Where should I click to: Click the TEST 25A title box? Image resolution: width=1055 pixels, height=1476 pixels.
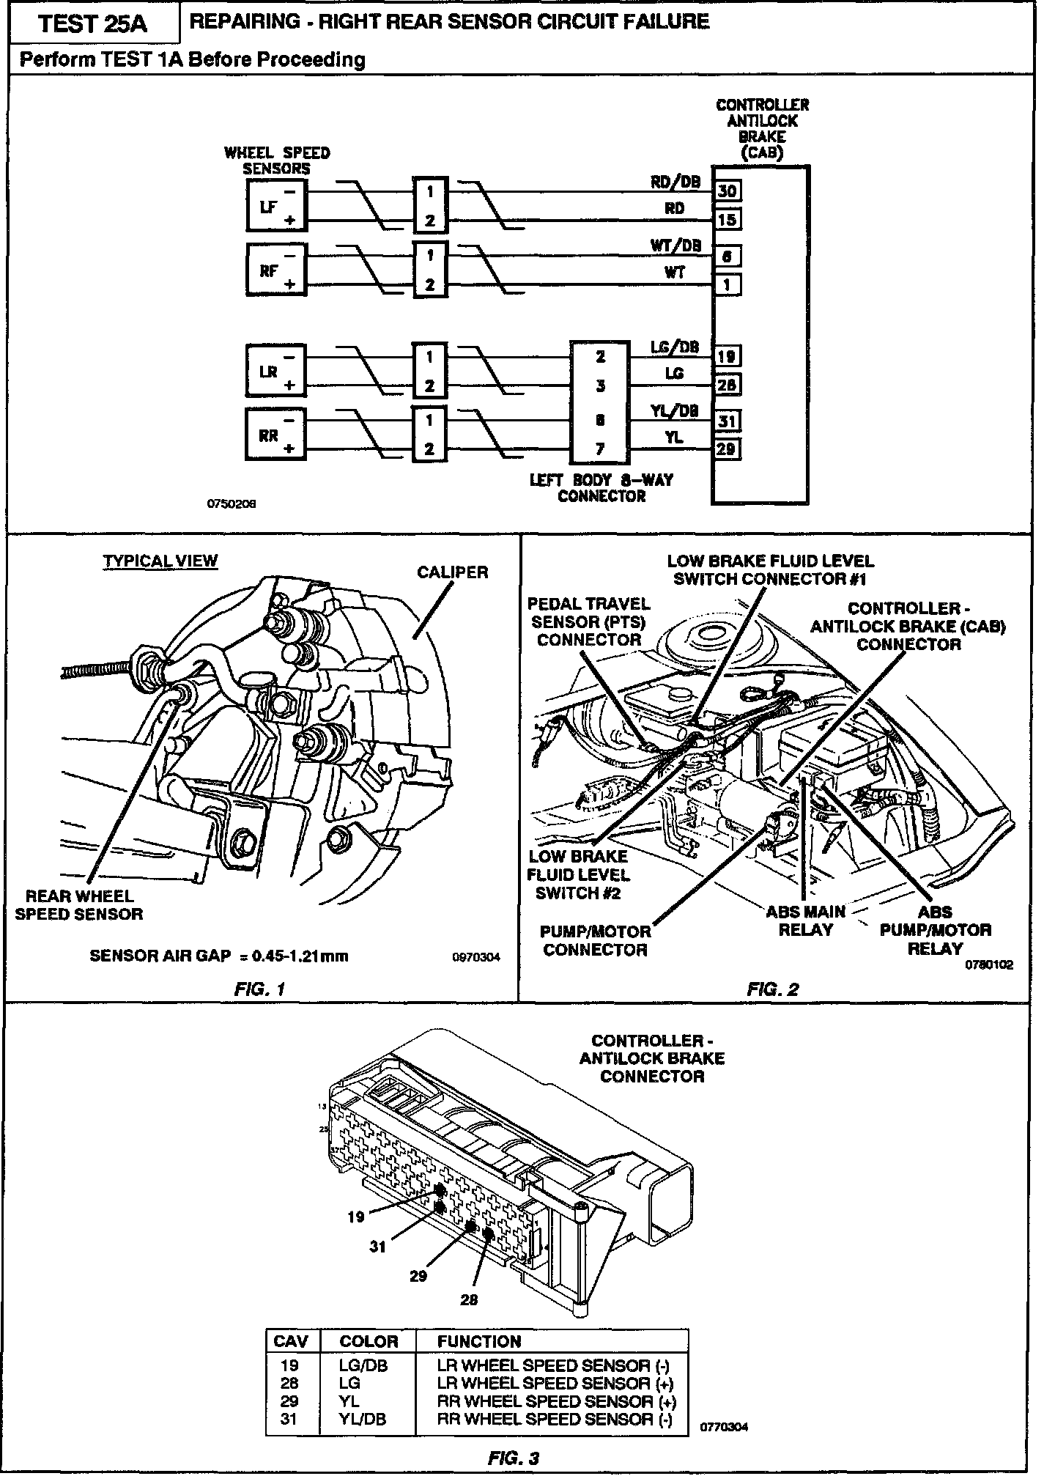(x=93, y=23)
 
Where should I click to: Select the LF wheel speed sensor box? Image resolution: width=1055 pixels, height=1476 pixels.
(x=276, y=207)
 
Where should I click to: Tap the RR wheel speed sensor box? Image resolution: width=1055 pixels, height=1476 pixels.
(x=276, y=435)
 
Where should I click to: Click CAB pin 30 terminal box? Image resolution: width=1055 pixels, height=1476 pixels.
(x=727, y=191)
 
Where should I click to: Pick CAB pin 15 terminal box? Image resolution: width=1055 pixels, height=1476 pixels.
(x=727, y=220)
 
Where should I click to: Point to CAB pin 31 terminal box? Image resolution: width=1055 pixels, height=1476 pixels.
(x=727, y=421)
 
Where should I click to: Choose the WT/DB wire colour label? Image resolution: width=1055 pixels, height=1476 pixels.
(x=675, y=246)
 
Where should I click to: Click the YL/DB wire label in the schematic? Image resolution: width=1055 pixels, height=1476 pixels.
(x=674, y=410)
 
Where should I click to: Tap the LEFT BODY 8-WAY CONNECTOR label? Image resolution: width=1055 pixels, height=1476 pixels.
(x=601, y=488)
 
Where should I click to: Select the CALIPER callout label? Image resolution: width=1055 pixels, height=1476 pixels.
(x=452, y=572)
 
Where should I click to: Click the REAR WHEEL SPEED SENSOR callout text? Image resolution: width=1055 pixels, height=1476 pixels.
(x=79, y=905)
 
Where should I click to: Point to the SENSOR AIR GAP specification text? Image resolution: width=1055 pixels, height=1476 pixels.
(x=219, y=956)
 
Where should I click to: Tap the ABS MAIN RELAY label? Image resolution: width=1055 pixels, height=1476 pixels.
(x=805, y=921)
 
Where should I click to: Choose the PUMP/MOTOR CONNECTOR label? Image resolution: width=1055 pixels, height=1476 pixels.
(x=595, y=941)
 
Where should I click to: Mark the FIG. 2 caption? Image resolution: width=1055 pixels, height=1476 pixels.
(x=772, y=989)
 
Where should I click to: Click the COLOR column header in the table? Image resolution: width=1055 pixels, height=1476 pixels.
(x=369, y=1342)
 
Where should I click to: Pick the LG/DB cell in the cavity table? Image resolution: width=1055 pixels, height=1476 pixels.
(x=363, y=1365)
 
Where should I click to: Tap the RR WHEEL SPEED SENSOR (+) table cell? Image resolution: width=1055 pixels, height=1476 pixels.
(x=556, y=1401)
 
